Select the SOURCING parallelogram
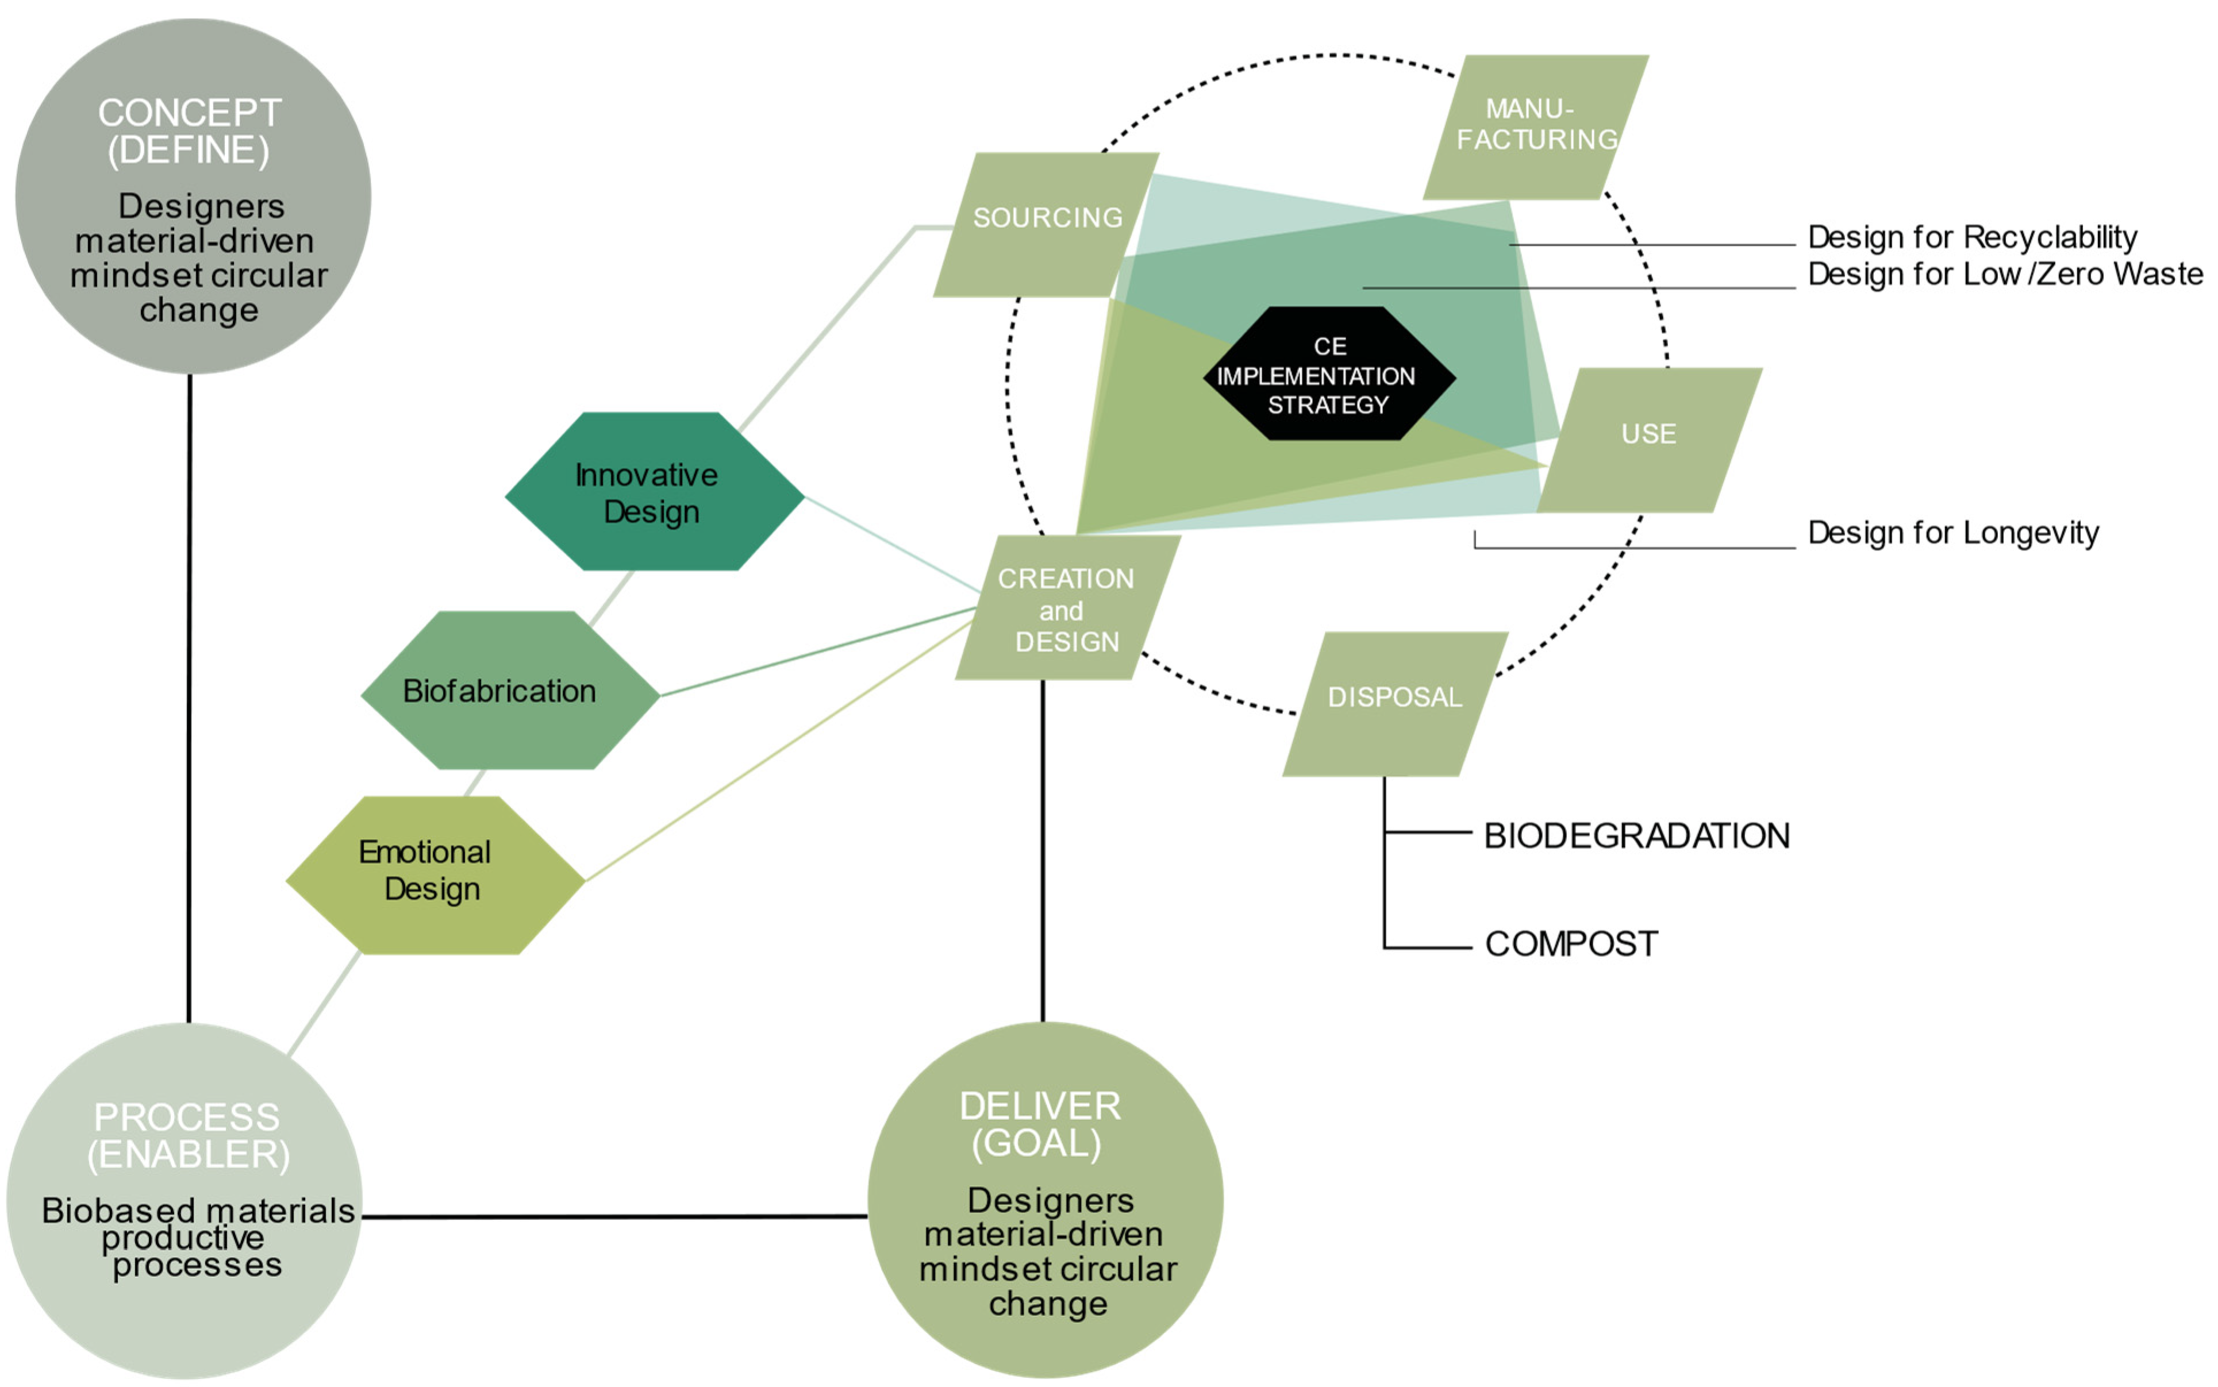point(1046,224)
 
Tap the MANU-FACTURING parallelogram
point(1535,126)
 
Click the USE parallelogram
point(1649,440)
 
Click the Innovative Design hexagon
point(654,492)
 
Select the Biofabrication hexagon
point(509,690)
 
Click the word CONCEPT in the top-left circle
point(189,113)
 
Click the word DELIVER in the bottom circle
point(1040,1105)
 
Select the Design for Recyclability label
point(1971,237)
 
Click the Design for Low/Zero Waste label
point(2004,273)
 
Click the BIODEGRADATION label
point(1636,835)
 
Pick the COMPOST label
point(1570,943)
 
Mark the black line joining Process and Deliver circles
point(615,1216)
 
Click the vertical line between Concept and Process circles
point(189,697)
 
